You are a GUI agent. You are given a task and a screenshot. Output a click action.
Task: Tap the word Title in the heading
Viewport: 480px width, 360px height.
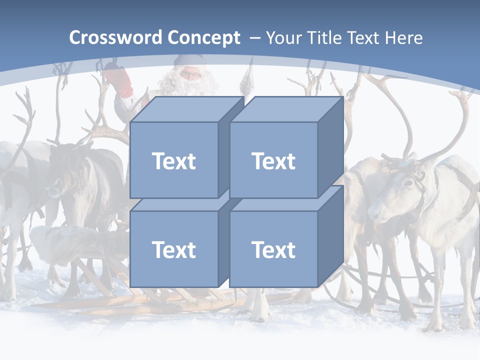[x=324, y=38]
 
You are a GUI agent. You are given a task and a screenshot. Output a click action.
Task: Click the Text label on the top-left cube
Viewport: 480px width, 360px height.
[x=173, y=161]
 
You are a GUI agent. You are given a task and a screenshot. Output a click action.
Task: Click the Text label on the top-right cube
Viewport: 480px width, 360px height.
[x=273, y=161]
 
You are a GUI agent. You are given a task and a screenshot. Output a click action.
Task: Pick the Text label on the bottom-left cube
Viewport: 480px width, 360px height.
[x=173, y=249]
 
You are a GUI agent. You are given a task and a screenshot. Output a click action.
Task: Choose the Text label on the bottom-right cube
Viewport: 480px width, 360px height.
[x=273, y=249]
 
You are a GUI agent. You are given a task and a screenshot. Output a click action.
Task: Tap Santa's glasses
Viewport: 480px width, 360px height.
[x=189, y=75]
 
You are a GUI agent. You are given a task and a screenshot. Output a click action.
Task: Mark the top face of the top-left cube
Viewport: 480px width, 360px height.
[x=185, y=109]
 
